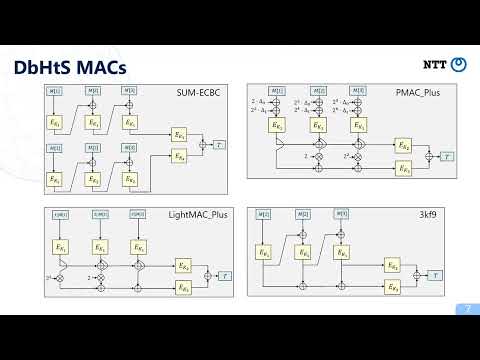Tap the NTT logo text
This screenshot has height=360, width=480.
(436, 64)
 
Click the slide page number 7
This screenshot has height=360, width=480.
(463, 308)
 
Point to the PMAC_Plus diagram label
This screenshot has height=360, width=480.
(431, 90)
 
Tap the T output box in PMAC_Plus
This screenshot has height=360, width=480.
(447, 156)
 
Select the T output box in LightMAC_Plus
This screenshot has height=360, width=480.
(224, 275)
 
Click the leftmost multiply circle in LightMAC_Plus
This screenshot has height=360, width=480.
(59, 276)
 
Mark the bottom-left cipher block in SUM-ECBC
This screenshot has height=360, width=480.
(55, 179)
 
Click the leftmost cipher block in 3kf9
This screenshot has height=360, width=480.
(264, 252)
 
